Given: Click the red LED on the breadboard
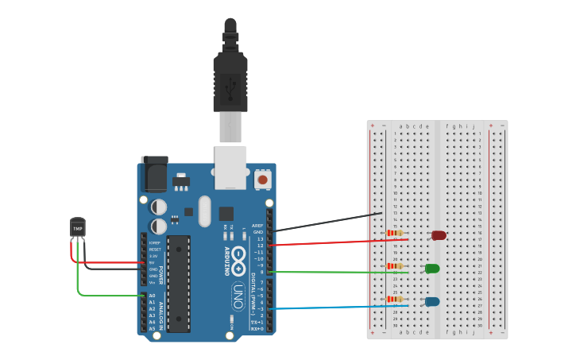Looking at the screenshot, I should [439, 235].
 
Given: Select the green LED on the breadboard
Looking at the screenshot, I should [432, 269].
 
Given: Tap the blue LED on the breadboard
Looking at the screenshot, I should [432, 301].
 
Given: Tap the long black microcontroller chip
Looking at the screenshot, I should [179, 283].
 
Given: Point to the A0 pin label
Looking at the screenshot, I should [153, 296].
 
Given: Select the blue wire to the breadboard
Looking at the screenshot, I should [342, 307].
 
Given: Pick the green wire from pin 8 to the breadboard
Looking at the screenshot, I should [342, 273].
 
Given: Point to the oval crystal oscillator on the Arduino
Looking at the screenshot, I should [205, 211].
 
